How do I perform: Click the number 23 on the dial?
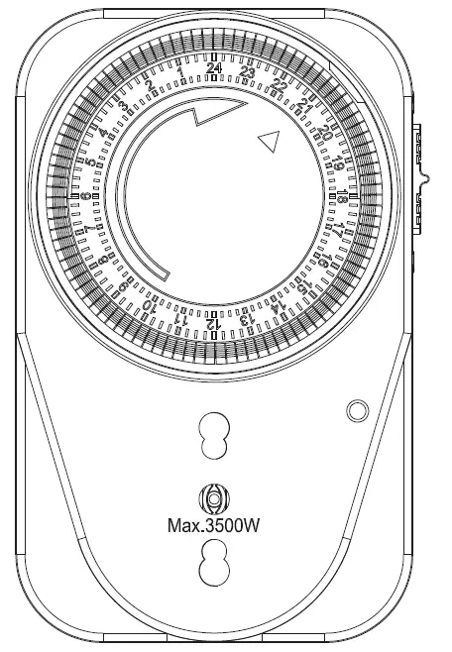247,72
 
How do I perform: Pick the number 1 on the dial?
180,72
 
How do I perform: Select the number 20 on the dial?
325,133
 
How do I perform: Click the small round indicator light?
355,409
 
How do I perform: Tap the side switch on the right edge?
420,178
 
